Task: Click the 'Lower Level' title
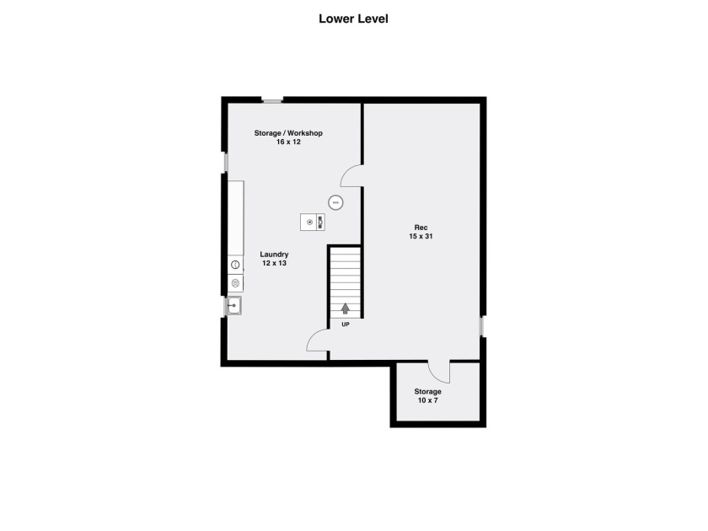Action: click(x=353, y=19)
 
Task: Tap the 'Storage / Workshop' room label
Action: click(x=288, y=133)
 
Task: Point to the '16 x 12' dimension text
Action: click(x=288, y=142)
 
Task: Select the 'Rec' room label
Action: click(x=421, y=228)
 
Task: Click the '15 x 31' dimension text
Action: click(x=421, y=236)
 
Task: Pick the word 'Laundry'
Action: click(x=274, y=255)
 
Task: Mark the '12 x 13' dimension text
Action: click(x=274, y=263)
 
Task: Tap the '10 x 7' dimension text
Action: click(x=427, y=400)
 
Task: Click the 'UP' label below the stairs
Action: click(x=346, y=324)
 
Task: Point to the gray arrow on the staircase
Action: click(x=346, y=308)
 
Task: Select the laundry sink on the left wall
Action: click(x=234, y=306)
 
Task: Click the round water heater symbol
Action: click(x=335, y=203)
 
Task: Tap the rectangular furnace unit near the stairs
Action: click(x=313, y=222)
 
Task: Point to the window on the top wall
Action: click(x=272, y=100)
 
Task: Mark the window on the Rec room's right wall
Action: click(x=482, y=326)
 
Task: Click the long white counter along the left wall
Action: click(x=236, y=218)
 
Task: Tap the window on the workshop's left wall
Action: click(x=225, y=163)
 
